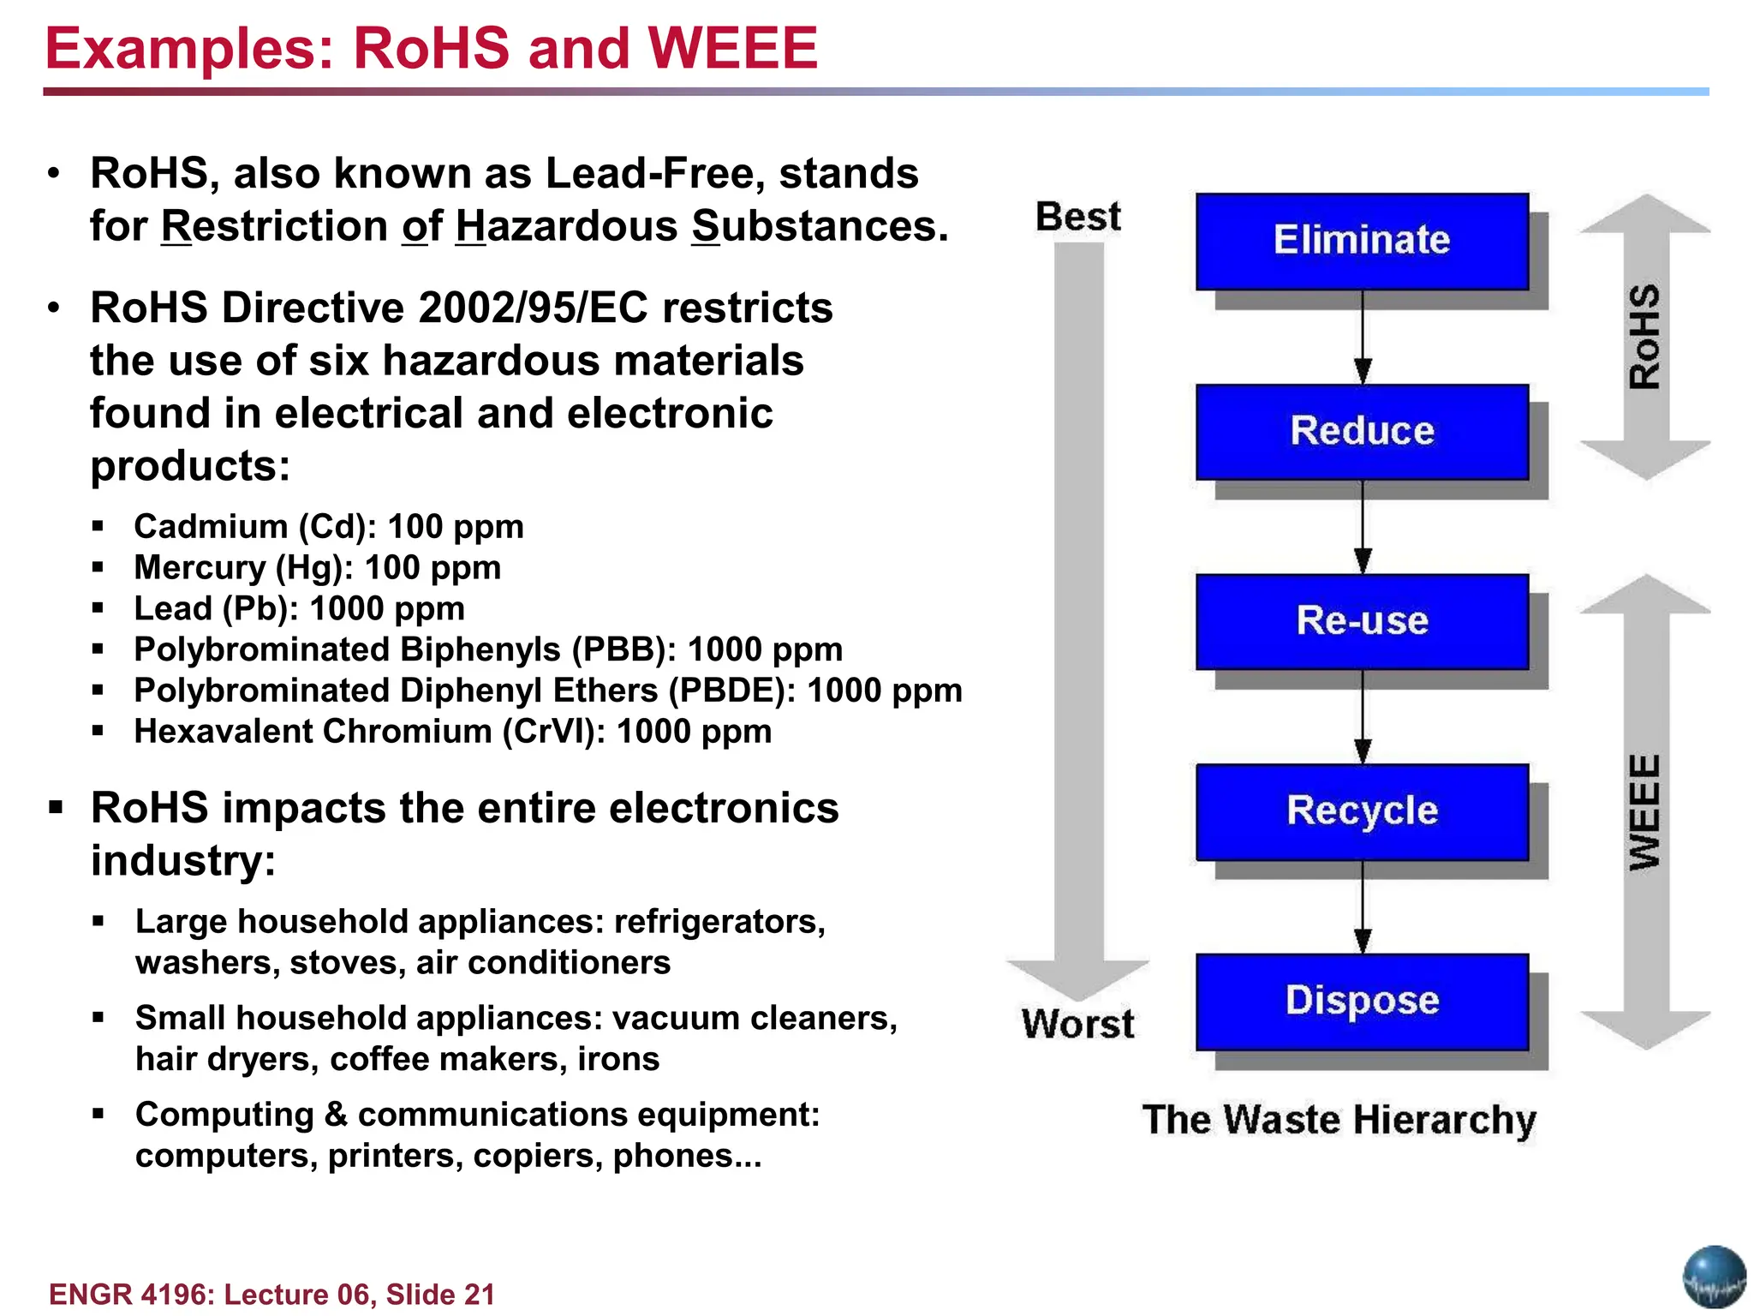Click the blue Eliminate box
pyautogui.click(x=1362, y=241)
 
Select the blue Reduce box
pyautogui.click(x=1362, y=431)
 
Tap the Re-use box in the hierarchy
pyautogui.click(x=1362, y=621)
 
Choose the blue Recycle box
pyautogui.click(x=1362, y=811)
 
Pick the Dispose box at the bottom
pyautogui.click(x=1362, y=1001)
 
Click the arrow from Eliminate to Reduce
pyautogui.click(x=1363, y=338)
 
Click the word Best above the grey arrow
pyautogui.click(x=1077, y=217)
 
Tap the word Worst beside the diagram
pyautogui.click(x=1077, y=1024)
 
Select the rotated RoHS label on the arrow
pyautogui.click(x=1644, y=337)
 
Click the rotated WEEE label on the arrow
pyautogui.click(x=1644, y=811)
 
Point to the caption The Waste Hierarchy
pyautogui.click(x=1339, y=1120)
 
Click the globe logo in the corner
pyautogui.click(x=1714, y=1277)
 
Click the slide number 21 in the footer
pyautogui.click(x=479, y=1294)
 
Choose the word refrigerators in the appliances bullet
pyautogui.click(x=719, y=922)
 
